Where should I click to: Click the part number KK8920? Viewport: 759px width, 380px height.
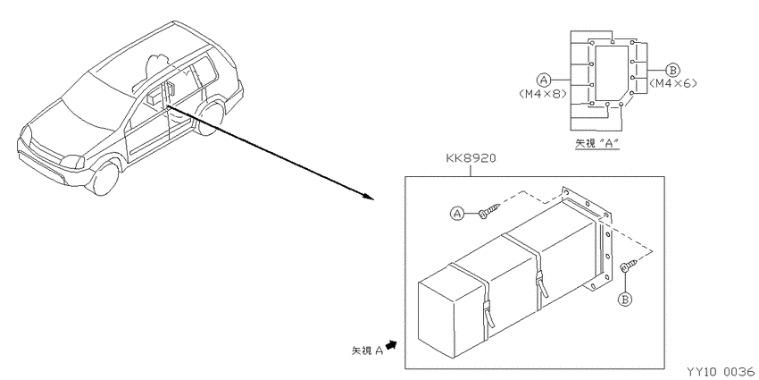click(x=471, y=158)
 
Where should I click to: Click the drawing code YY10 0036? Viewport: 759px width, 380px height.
click(x=721, y=371)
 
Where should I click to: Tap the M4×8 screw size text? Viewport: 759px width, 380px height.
click(x=542, y=94)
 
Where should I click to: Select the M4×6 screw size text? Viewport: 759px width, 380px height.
click(x=673, y=83)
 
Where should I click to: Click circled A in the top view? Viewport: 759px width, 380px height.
click(x=544, y=79)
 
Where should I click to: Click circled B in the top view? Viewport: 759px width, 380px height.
click(x=671, y=69)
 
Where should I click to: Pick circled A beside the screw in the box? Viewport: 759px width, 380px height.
click(x=457, y=213)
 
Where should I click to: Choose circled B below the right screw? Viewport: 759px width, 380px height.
click(x=625, y=300)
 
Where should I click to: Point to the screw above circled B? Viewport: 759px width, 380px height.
click(x=629, y=266)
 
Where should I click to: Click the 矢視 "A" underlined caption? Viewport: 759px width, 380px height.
click(x=596, y=143)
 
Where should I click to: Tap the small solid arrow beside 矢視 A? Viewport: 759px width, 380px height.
click(x=391, y=344)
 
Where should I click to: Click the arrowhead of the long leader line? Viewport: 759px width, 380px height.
click(x=370, y=197)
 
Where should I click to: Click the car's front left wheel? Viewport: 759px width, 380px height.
click(x=105, y=177)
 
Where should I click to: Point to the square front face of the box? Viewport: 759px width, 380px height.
click(x=438, y=319)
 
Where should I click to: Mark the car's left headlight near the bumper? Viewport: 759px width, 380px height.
click(x=71, y=162)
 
